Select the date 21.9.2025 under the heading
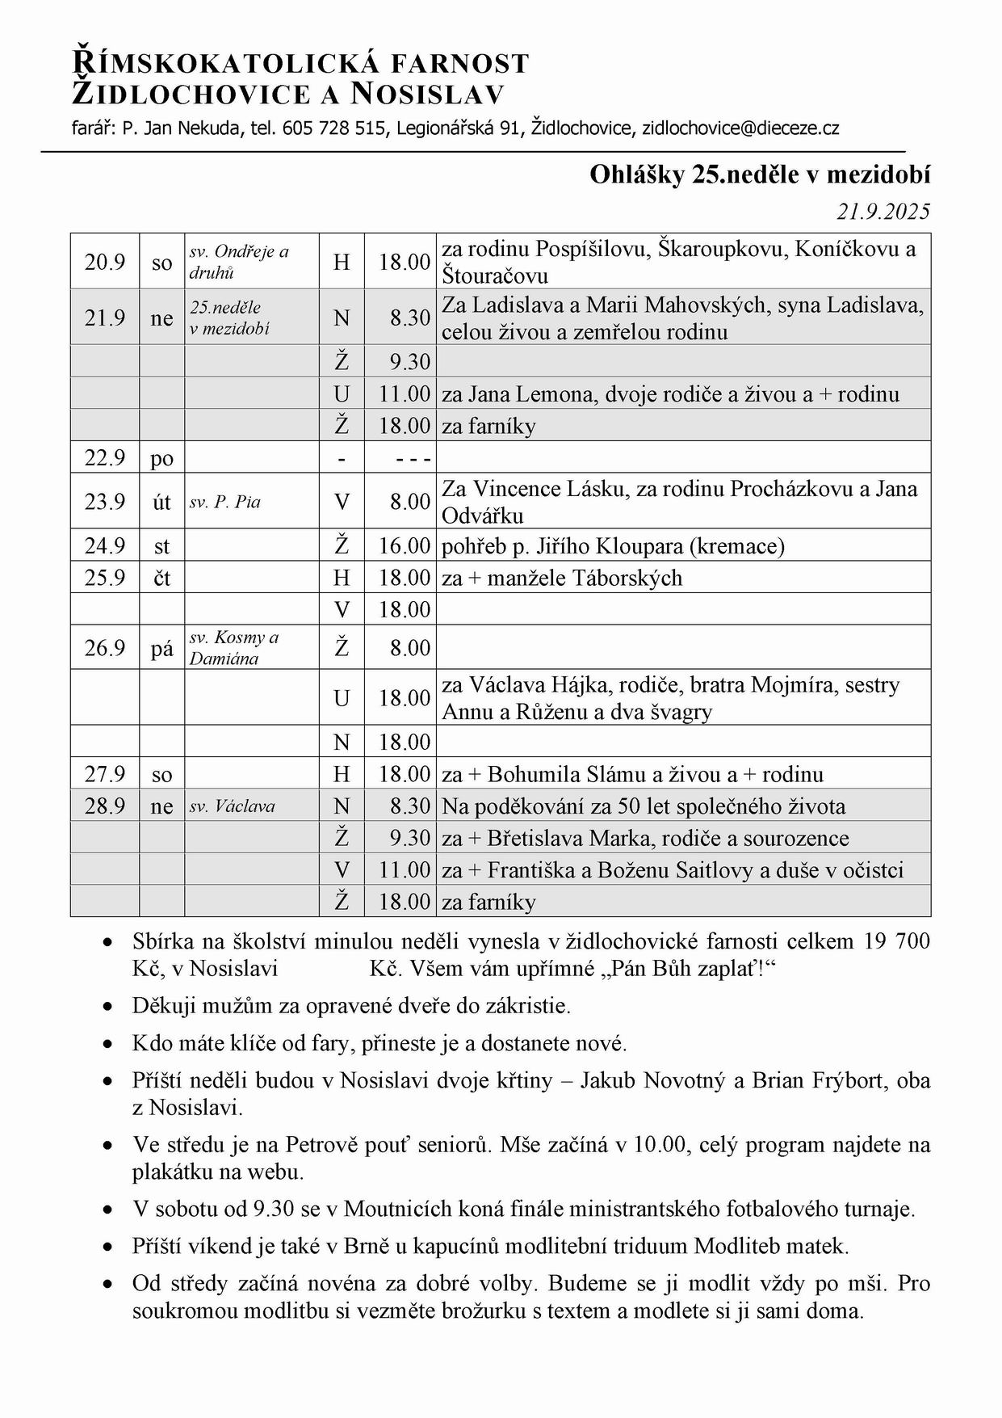[x=883, y=212]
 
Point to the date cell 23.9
[x=105, y=502]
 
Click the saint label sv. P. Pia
[x=225, y=502]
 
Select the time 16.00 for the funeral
[x=405, y=546]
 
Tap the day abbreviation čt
[x=161, y=578]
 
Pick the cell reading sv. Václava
[x=233, y=806]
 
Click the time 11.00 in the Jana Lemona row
[x=405, y=394]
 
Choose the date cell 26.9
[x=105, y=648]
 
